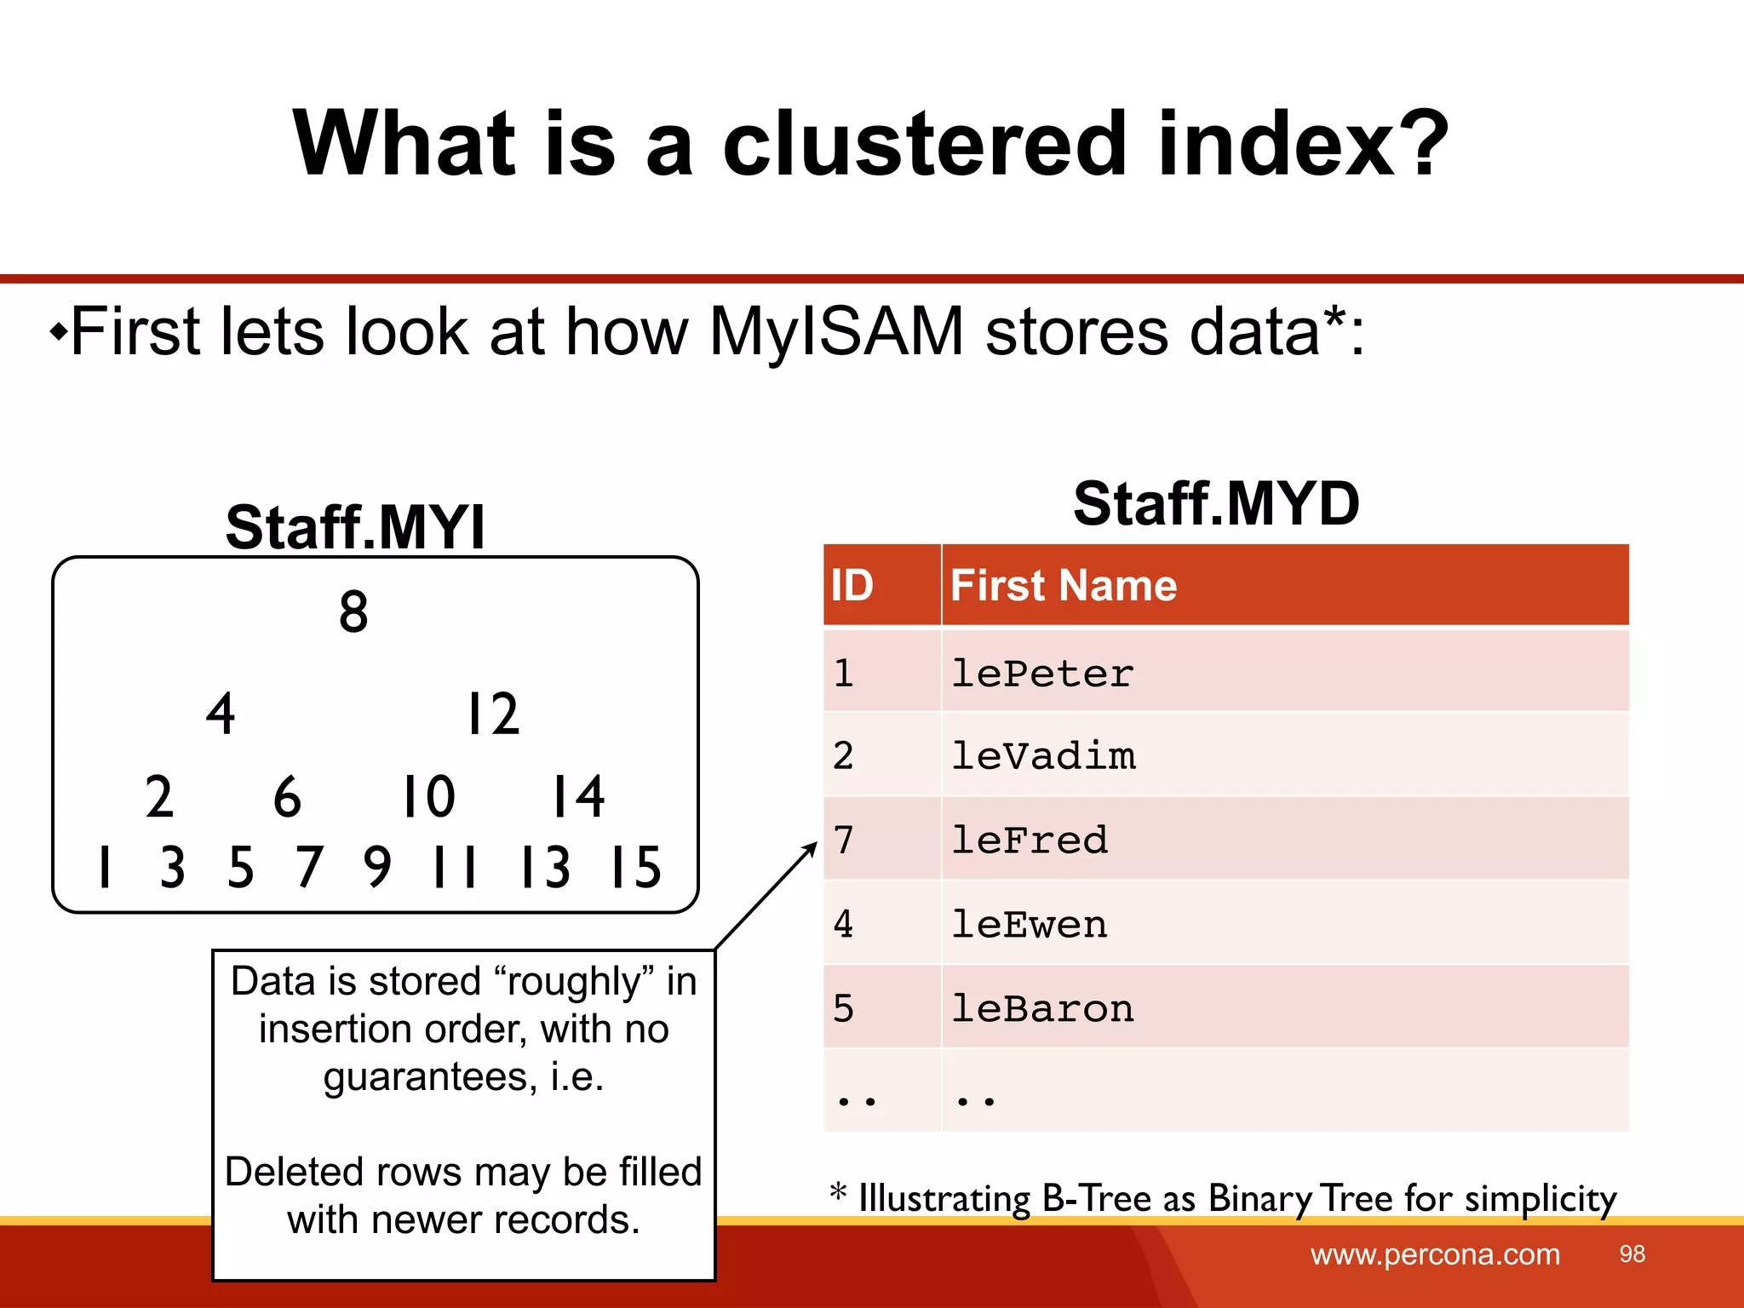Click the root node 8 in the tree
pyautogui.click(x=353, y=611)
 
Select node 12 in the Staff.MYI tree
pyautogui.click(x=493, y=714)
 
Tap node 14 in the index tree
pyautogui.click(x=578, y=797)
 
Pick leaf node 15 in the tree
pyautogui.click(x=635, y=868)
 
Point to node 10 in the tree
pyautogui.click(x=428, y=797)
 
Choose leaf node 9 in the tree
pyautogui.click(x=377, y=868)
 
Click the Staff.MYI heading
pyautogui.click(x=355, y=527)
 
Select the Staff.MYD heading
pyautogui.click(x=1216, y=503)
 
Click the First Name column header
pyautogui.click(x=1064, y=586)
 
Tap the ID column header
pyautogui.click(x=852, y=586)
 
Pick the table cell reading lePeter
pyautogui.click(x=1042, y=674)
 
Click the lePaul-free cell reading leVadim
pyautogui.click(x=1043, y=756)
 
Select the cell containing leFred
pyautogui.click(x=1030, y=840)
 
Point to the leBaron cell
pyautogui.click(x=1042, y=1009)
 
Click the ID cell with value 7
pyautogui.click(x=844, y=840)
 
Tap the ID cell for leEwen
pyautogui.click(x=844, y=925)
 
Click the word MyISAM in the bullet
pyautogui.click(x=836, y=331)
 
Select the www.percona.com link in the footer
pyautogui.click(x=1435, y=1254)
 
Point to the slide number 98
pyautogui.click(x=1632, y=1254)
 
